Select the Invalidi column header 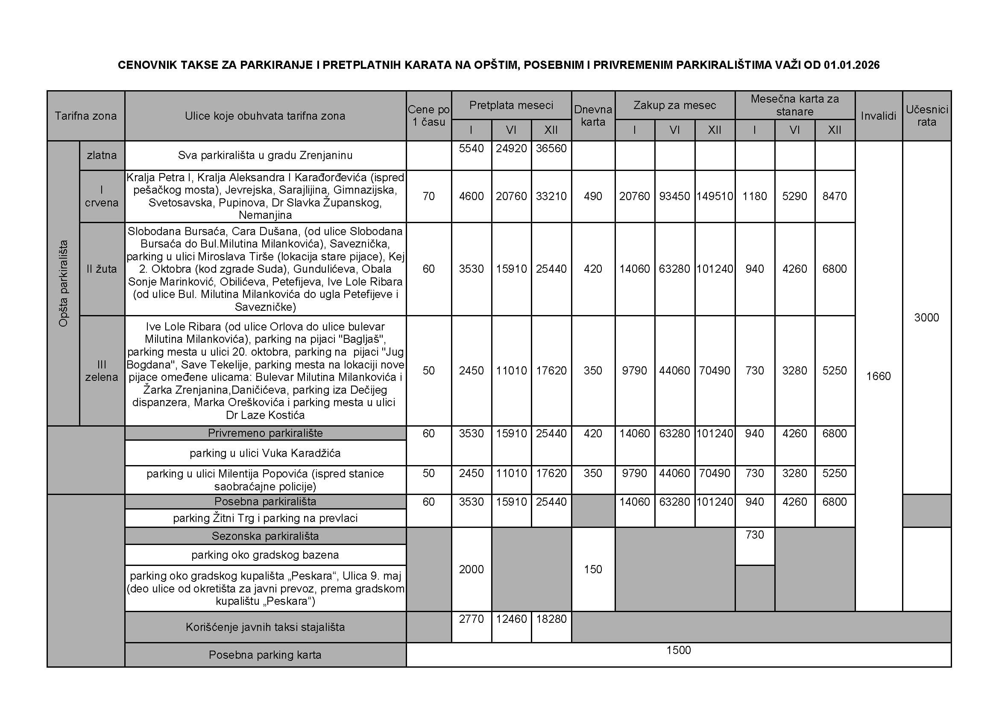tap(878, 116)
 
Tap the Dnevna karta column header tap(593, 116)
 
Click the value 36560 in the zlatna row tap(551, 148)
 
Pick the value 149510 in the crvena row tap(715, 196)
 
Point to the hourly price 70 tap(428, 196)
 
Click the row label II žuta tap(101, 269)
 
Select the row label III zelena tap(101, 371)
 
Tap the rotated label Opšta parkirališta tap(64, 283)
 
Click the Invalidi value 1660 tap(878, 376)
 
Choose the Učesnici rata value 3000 tap(926, 317)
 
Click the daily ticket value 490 tap(593, 196)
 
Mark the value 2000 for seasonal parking tap(471, 569)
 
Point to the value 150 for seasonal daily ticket tap(593, 569)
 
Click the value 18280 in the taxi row tap(551, 619)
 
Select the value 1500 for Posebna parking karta tap(678, 650)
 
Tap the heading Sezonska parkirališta tap(265, 536)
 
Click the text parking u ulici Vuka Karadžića tap(265, 453)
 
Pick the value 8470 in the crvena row tap(834, 196)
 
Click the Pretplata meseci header tap(511, 105)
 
